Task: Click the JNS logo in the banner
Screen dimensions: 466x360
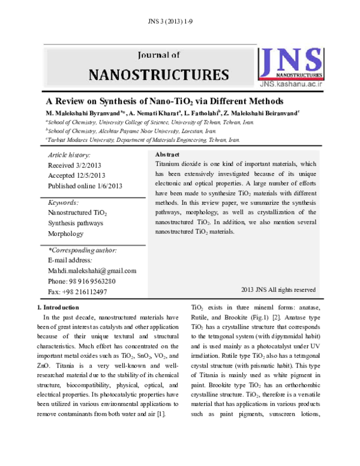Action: [x=290, y=62]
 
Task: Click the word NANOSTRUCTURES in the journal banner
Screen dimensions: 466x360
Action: [x=158, y=75]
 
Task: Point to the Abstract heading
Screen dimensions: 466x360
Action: [x=169, y=154]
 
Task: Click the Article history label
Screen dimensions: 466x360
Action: [x=70, y=155]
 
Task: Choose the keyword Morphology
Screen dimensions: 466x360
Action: [x=65, y=234]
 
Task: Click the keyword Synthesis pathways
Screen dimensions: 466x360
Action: [x=75, y=223]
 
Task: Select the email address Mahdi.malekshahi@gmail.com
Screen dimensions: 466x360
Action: [x=92, y=271]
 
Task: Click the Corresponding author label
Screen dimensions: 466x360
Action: [x=82, y=250]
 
